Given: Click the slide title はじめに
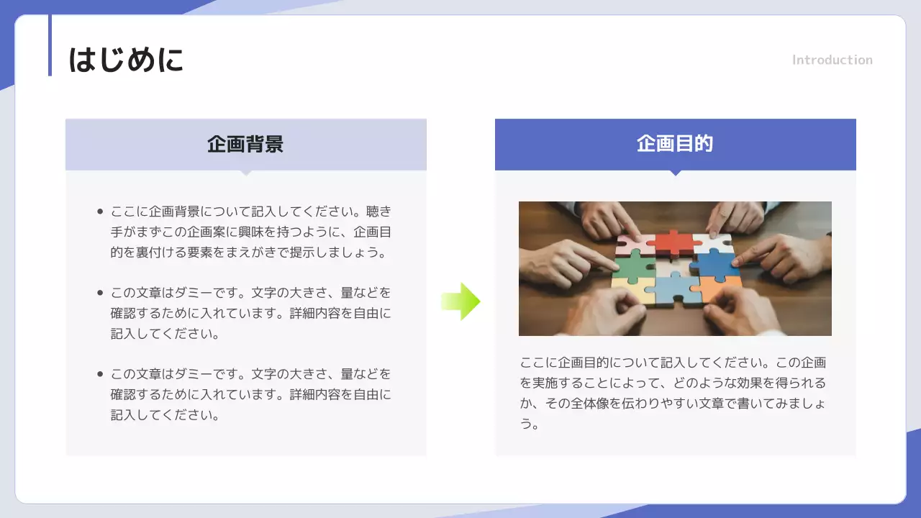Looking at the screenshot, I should (x=126, y=60).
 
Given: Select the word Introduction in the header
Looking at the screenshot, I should (x=832, y=60).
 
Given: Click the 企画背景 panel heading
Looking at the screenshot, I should (x=245, y=144).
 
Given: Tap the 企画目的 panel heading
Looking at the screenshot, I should (x=675, y=144).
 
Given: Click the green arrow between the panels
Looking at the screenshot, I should (x=460, y=301).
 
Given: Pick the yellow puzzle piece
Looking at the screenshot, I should (x=630, y=291).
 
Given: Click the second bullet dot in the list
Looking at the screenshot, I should (x=100, y=293).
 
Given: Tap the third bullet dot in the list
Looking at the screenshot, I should (x=100, y=374).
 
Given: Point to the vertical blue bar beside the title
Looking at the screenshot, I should (x=50, y=45).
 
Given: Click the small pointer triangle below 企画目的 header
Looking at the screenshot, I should (x=675, y=173).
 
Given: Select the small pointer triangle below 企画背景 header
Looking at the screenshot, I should (x=245, y=173).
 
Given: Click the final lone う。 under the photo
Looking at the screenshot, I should (x=530, y=424).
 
